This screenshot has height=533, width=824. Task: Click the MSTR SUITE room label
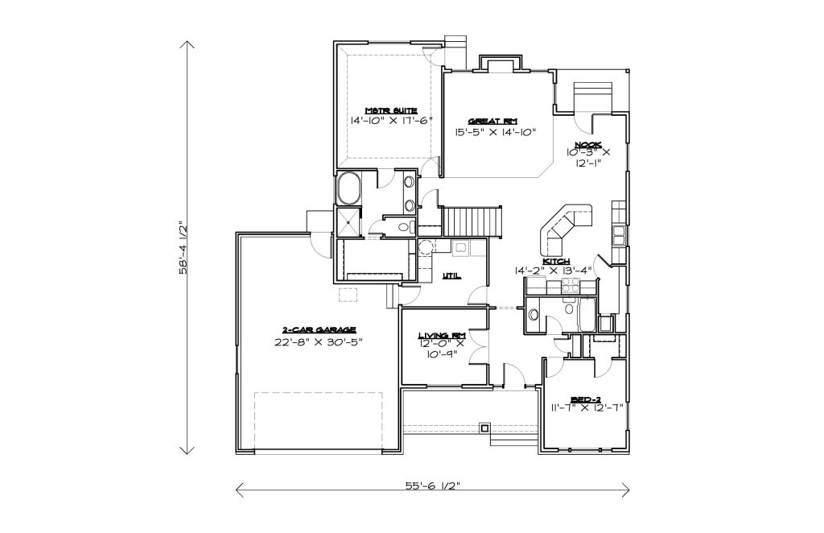(391, 110)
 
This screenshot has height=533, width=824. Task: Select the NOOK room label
(588, 145)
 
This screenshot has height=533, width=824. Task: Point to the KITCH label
(556, 261)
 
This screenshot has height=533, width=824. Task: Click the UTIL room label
(451, 275)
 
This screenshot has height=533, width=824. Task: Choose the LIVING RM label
(442, 336)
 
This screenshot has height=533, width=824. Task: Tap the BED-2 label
(587, 399)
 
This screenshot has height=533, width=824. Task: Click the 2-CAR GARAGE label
(319, 330)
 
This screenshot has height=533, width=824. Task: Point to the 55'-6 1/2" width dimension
(432, 485)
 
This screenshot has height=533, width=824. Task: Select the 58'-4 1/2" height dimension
(183, 247)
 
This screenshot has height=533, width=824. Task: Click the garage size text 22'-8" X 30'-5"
(319, 341)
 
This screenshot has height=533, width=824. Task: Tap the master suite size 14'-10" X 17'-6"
(391, 121)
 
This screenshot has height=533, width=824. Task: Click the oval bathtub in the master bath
(348, 188)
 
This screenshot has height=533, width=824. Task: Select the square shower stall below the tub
(348, 222)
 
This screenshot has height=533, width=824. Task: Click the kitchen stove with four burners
(571, 286)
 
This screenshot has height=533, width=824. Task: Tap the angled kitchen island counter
(566, 227)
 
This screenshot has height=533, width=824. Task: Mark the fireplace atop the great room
(500, 63)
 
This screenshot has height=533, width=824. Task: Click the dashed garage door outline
(319, 422)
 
